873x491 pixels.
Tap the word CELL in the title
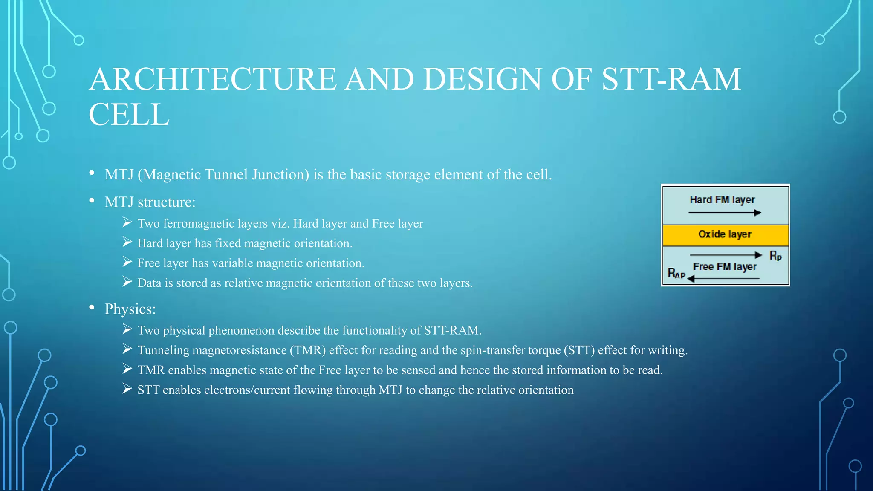click(129, 115)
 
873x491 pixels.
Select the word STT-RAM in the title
click(671, 80)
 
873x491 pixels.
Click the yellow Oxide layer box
click(725, 235)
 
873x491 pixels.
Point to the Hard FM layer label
click(722, 200)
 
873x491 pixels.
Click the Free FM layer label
click(725, 267)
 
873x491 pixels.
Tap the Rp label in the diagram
click(775, 256)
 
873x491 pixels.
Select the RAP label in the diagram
click(676, 273)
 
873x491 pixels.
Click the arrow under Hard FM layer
click(724, 212)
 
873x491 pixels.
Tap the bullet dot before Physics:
click(92, 308)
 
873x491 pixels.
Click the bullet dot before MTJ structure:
click(92, 201)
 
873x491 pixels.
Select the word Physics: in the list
click(130, 309)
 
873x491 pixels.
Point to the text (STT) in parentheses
click(579, 350)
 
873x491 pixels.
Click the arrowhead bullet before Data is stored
click(127, 282)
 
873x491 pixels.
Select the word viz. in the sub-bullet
click(280, 224)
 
